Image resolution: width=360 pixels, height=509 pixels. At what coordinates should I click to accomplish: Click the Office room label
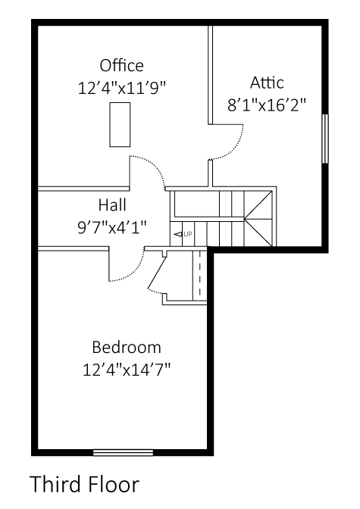(x=121, y=65)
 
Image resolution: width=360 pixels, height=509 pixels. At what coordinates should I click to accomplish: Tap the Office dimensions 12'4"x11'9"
(x=121, y=87)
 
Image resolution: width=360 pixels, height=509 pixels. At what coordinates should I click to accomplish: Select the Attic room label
(x=268, y=83)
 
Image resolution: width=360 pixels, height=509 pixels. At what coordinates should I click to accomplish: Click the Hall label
(x=111, y=205)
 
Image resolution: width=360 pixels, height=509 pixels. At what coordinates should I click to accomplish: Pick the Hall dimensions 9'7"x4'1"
(x=111, y=226)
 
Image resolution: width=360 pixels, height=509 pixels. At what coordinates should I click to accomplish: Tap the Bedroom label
(x=127, y=348)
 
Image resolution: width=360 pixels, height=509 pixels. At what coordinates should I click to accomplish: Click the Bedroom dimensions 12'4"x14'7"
(x=127, y=370)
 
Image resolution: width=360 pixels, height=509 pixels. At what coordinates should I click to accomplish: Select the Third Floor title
(x=85, y=483)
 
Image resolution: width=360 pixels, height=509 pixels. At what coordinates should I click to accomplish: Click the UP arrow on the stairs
(x=183, y=235)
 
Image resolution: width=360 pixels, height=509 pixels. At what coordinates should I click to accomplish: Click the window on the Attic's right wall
(x=325, y=138)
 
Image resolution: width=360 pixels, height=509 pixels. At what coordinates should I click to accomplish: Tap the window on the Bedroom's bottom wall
(x=123, y=453)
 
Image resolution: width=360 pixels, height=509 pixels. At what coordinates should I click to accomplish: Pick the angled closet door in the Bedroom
(x=158, y=277)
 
